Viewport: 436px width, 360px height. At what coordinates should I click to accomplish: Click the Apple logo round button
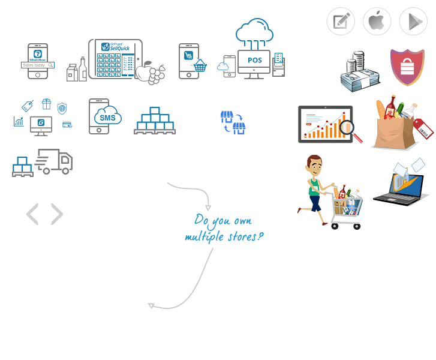point(377,22)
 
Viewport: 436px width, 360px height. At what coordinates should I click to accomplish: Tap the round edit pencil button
point(341,22)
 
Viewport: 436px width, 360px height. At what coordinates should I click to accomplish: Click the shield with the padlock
point(407,67)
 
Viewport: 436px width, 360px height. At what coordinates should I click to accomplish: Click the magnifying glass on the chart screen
point(347,127)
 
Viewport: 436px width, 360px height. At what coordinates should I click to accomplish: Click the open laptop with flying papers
point(401,185)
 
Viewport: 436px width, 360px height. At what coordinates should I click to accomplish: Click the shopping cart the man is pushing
point(347,206)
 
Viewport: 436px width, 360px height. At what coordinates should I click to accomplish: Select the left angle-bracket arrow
point(32,214)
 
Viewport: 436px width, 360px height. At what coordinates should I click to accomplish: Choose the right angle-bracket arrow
point(57,214)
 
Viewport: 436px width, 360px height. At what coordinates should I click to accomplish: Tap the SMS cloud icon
point(107,117)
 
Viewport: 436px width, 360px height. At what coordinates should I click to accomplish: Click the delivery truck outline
point(55,161)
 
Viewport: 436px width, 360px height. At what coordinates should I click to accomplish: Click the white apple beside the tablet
point(145,73)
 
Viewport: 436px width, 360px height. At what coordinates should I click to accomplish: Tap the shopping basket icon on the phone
point(199,66)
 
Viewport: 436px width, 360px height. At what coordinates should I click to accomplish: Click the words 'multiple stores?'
point(223,236)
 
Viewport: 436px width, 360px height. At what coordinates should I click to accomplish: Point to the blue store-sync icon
point(233,122)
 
